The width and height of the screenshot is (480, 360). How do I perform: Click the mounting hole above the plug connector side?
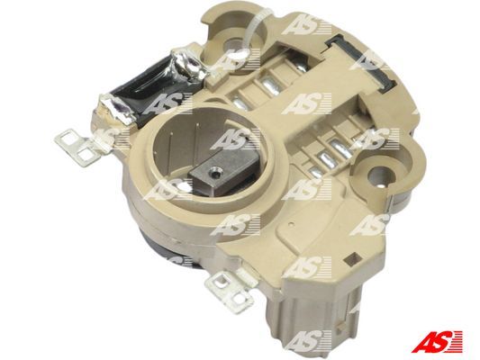pyautogui.click(x=378, y=175)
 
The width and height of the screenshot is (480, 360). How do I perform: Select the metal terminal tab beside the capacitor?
pyautogui.click(x=78, y=148)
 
